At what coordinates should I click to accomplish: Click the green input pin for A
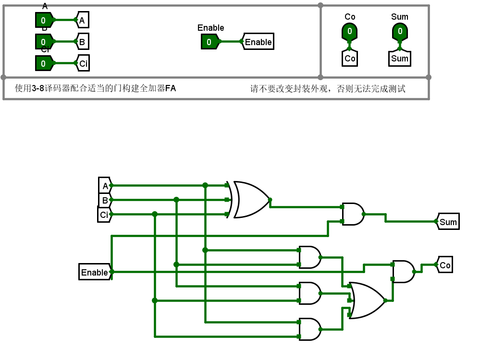(44, 20)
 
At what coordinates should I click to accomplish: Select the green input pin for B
(44, 42)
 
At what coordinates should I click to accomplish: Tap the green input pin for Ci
(44, 63)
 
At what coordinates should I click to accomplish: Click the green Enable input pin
(209, 42)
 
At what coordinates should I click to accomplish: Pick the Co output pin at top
(350, 32)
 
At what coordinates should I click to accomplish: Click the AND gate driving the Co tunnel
(403, 272)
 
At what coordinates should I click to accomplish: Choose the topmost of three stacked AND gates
(309, 257)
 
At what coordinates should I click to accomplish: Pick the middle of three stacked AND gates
(309, 293)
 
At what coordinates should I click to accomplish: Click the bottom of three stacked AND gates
(309, 329)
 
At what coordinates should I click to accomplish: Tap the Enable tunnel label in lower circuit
(95, 272)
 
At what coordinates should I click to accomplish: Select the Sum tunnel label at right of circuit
(448, 222)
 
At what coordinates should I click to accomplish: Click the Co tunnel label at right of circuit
(445, 265)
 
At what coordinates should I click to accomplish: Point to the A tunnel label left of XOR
(105, 185)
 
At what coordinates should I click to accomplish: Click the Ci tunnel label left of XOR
(104, 215)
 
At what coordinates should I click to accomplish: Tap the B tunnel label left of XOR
(105, 200)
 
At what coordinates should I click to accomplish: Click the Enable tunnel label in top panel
(258, 42)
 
